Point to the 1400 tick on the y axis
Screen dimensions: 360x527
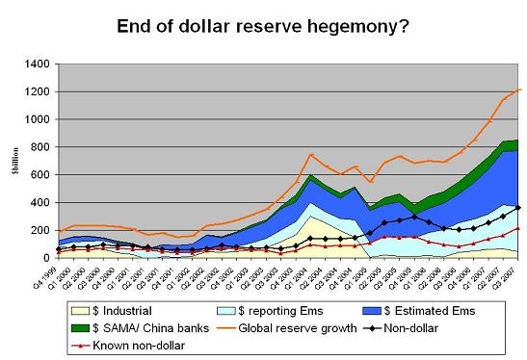click(37, 64)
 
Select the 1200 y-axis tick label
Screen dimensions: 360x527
click(37, 92)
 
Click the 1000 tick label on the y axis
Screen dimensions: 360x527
click(37, 120)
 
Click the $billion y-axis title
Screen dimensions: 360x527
click(13, 162)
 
